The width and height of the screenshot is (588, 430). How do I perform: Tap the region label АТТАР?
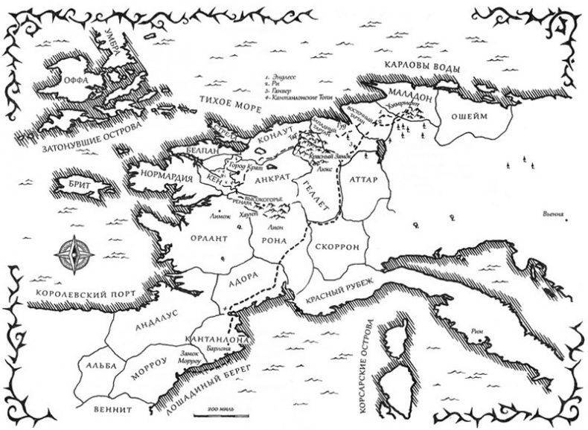click(364, 180)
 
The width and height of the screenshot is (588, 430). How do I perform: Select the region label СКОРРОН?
click(338, 246)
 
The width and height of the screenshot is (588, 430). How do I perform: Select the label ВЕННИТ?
click(112, 408)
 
